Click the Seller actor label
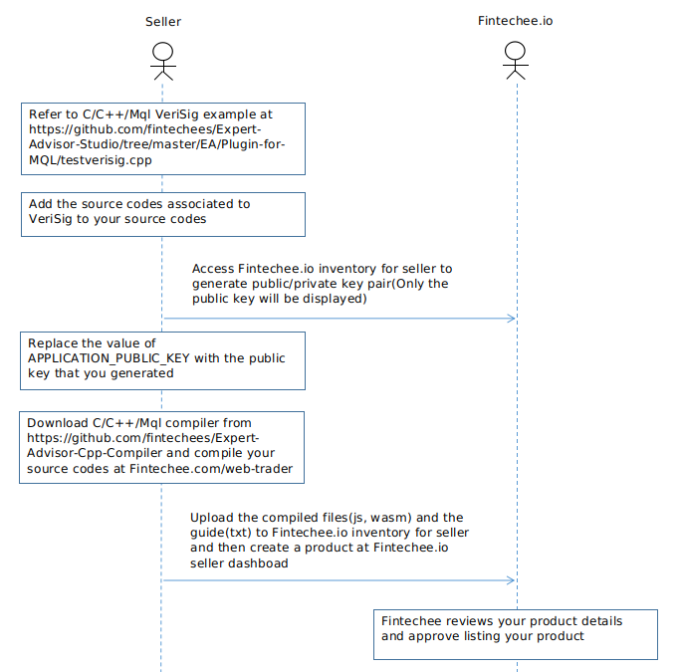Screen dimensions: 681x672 click(163, 22)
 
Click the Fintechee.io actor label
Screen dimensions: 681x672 click(515, 21)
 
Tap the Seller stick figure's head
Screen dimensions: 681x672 click(163, 51)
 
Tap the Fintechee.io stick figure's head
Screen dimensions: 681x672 click(515, 51)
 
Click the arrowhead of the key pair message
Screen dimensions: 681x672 click(511, 319)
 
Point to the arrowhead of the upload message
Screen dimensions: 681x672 click(511, 580)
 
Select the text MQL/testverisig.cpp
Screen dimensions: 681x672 click(91, 160)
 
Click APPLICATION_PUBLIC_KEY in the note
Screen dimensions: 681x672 click(109, 358)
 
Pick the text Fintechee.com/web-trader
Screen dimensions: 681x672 click(211, 469)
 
